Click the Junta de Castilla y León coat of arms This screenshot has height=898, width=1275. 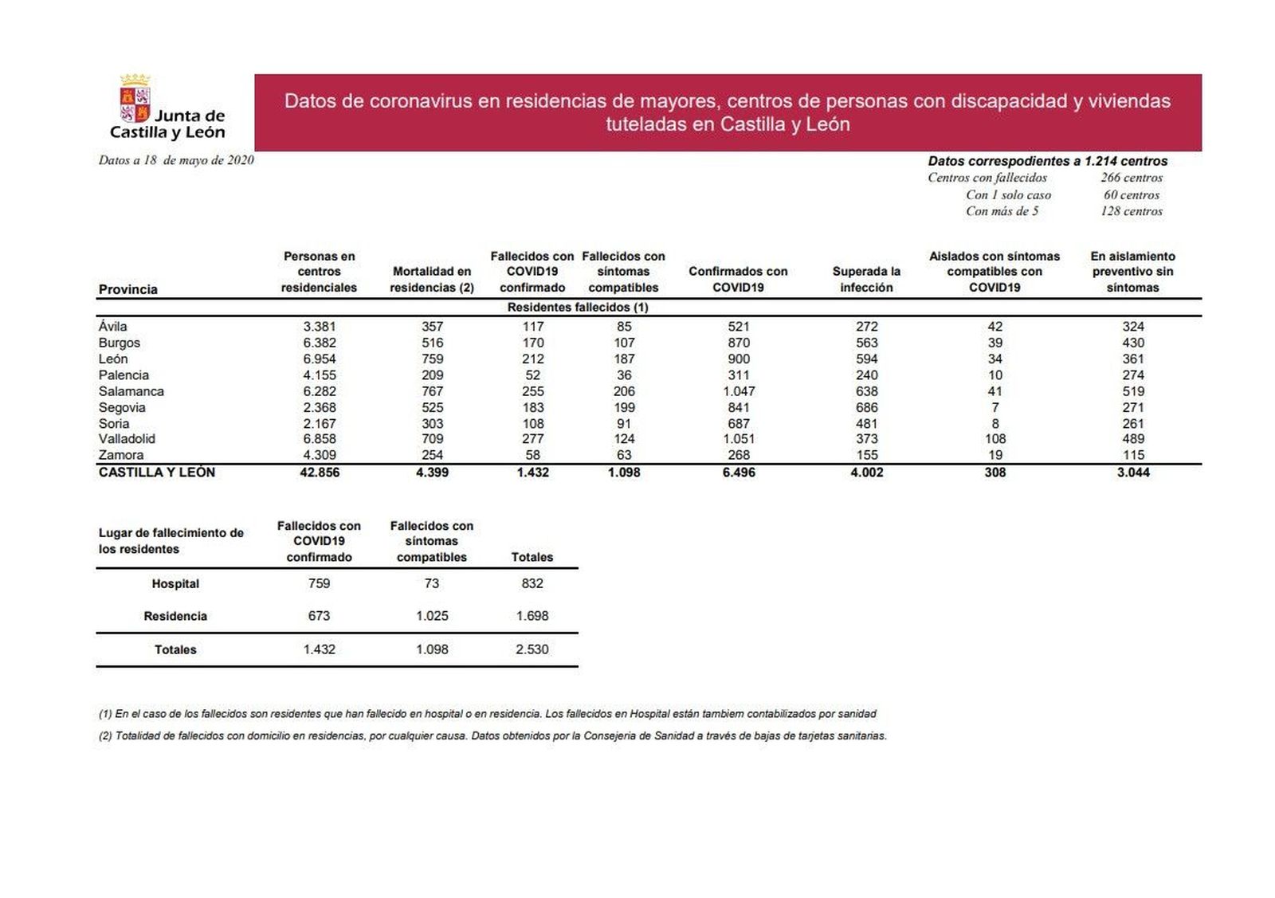135,99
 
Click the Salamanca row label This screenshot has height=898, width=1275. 131,391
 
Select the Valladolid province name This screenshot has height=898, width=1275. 127,439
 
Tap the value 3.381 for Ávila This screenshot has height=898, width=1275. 320,327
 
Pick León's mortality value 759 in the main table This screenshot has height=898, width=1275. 432,359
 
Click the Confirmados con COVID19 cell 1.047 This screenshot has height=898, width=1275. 738,391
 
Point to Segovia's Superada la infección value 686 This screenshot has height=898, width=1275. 866,407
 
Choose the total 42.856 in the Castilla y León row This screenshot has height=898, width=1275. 320,473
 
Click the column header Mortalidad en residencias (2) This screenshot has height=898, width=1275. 432,279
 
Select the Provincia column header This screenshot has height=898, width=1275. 127,289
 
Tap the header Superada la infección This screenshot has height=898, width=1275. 866,279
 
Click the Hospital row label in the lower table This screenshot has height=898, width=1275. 175,584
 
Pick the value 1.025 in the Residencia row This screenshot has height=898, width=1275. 432,616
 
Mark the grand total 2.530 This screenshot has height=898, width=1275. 532,649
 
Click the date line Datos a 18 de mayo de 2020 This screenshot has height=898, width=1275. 176,160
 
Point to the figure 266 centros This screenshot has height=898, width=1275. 1132,178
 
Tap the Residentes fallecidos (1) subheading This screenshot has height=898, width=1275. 578,308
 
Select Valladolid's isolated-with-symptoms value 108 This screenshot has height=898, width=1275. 994,439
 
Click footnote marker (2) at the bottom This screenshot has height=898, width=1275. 105,736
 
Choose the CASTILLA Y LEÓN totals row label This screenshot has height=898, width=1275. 157,473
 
